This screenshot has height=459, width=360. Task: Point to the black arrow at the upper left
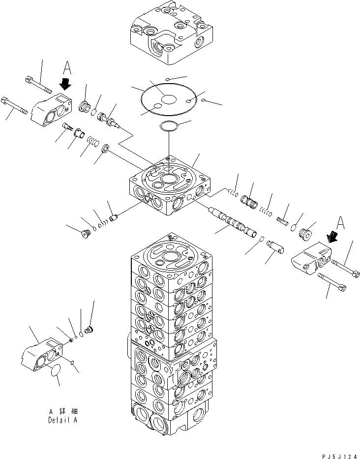pos(65,84)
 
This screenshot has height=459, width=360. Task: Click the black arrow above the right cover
pos(334,237)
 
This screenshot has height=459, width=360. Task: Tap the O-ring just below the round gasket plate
pos(169,126)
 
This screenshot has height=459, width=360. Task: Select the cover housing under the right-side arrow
pos(311,260)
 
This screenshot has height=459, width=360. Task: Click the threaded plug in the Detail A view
pos(89,327)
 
